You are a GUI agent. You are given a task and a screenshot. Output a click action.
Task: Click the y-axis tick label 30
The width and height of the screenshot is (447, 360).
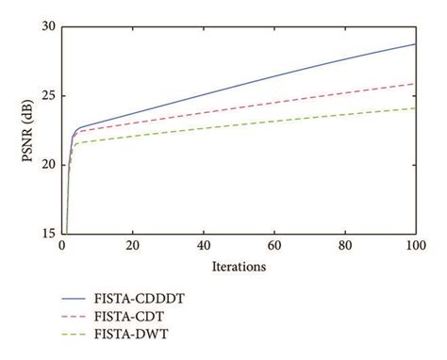pos(48,26)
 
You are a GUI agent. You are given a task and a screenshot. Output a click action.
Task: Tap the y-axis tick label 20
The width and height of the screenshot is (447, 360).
pos(48,165)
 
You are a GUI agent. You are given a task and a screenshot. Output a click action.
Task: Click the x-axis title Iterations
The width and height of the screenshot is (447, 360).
pos(239,266)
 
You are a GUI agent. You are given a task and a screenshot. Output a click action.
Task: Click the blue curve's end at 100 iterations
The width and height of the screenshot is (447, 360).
pos(415,44)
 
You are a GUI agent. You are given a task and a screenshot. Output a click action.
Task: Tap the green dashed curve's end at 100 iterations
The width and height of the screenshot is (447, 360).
pos(415,108)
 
